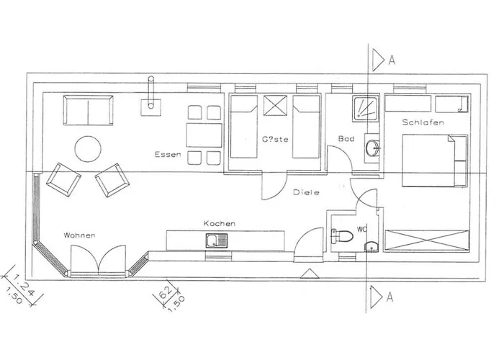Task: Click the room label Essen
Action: (x=166, y=155)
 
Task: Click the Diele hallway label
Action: (x=307, y=192)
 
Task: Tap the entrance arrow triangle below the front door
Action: (x=310, y=272)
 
